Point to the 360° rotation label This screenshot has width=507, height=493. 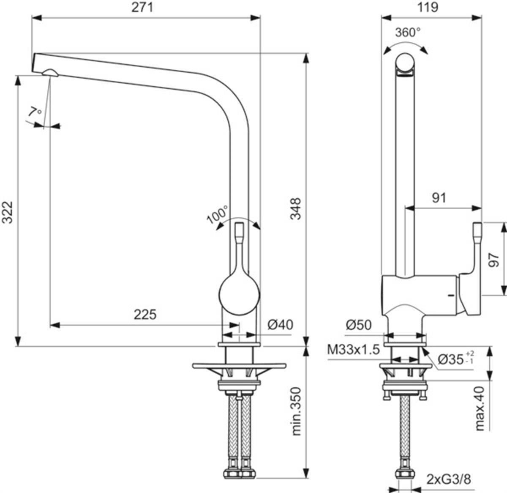[x=408, y=33]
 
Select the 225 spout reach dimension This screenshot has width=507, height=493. [x=145, y=314]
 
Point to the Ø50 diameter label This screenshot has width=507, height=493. [x=359, y=325]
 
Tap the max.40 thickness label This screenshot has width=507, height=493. [x=480, y=408]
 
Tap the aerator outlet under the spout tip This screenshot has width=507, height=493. [x=50, y=72]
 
